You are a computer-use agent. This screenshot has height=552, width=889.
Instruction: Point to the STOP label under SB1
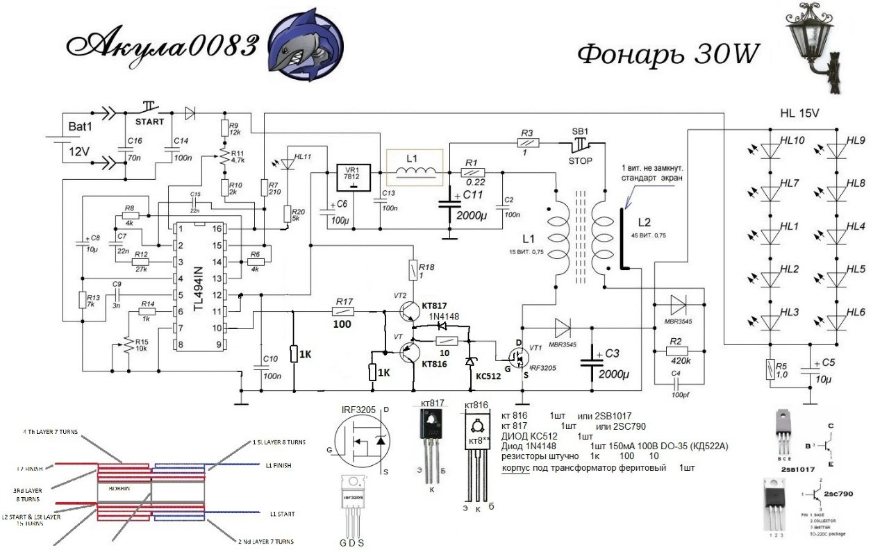pos(581,161)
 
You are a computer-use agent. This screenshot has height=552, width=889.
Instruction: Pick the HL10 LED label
pos(792,141)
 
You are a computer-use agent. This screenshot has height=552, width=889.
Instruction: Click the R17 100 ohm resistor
pos(344,312)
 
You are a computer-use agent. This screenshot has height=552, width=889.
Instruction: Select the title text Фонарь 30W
pos(668,54)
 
